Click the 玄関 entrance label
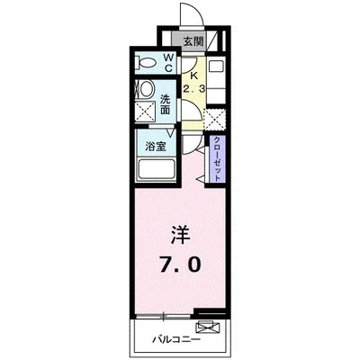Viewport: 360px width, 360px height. pos(193,40)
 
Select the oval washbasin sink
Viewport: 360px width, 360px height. pos(144,91)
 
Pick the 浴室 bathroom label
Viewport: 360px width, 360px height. pos(154,146)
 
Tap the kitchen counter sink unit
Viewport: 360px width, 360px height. pos(217,77)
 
